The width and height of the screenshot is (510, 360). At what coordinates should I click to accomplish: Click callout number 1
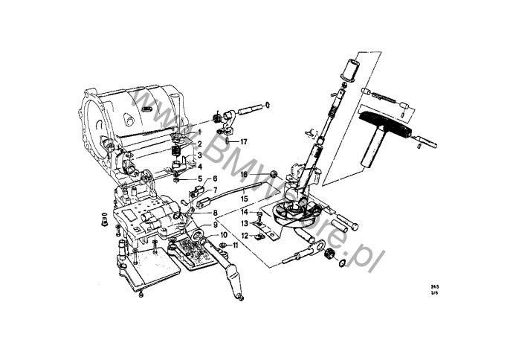199,132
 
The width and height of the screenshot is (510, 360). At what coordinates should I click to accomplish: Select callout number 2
199,144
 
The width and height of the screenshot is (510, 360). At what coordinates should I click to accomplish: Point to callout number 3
199,155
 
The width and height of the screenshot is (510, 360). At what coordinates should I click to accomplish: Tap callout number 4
199,167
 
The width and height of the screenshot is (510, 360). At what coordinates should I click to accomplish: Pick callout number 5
199,179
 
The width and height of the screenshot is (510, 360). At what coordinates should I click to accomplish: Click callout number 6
215,179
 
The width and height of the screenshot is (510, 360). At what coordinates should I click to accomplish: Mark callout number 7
215,190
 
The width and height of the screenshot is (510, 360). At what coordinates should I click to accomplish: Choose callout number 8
215,213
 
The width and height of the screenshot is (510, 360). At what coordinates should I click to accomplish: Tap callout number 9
215,225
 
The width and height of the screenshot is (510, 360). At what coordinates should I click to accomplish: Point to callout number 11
235,245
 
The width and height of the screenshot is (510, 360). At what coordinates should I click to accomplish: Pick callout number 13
245,223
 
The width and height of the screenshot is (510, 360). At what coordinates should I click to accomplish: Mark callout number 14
245,212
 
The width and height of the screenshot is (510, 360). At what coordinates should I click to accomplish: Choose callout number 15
245,199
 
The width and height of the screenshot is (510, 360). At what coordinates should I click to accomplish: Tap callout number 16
244,175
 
